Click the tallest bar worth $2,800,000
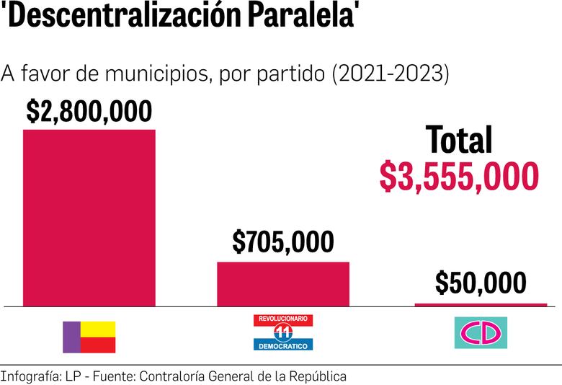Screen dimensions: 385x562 (x=89, y=218)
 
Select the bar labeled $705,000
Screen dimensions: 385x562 (x=283, y=284)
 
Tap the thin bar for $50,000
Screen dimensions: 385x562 (x=481, y=305)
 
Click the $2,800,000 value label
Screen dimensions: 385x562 (x=89, y=112)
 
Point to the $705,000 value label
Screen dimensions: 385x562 (x=283, y=243)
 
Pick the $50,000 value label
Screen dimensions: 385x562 (x=481, y=283)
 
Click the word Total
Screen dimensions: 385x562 (x=459, y=140)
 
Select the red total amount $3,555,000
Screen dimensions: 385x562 (x=459, y=177)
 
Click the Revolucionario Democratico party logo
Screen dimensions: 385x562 (x=283, y=332)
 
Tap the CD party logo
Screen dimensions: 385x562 (x=481, y=332)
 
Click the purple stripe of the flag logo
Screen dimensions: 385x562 (x=71, y=337)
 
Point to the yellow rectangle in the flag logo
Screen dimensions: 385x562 (x=97, y=329)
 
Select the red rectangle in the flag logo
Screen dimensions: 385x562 (x=97, y=345)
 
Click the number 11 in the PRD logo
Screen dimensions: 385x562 (x=283, y=332)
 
